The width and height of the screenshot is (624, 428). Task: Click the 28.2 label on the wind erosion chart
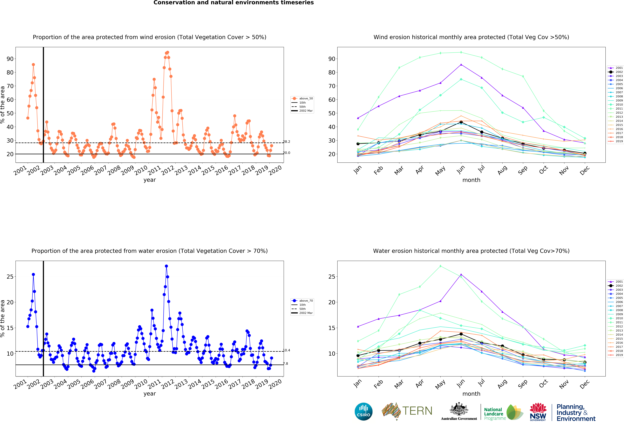286,142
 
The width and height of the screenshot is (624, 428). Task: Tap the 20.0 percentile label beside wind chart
286,153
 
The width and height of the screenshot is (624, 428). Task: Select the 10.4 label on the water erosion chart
286,350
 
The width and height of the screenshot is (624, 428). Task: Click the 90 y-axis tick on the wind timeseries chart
10,59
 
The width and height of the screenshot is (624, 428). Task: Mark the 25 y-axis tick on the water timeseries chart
10,277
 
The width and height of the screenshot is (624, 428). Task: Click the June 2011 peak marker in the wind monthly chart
461,52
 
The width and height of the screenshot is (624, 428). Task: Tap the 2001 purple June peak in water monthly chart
461,275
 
